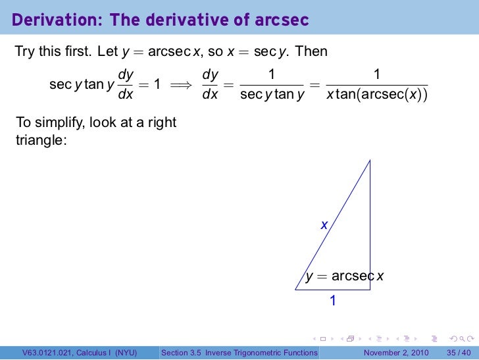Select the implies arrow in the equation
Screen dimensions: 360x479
(x=183, y=85)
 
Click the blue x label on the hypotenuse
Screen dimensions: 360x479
(x=324, y=225)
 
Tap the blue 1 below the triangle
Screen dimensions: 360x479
(x=333, y=301)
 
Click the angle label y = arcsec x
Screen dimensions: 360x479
(x=345, y=276)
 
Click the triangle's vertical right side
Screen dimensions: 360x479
(x=370, y=224)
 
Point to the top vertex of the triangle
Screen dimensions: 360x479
(x=370, y=160)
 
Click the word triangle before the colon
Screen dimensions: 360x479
(x=39, y=140)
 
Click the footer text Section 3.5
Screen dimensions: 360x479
(x=182, y=353)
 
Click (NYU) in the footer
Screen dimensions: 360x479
(x=124, y=353)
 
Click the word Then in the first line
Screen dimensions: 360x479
(x=312, y=51)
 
